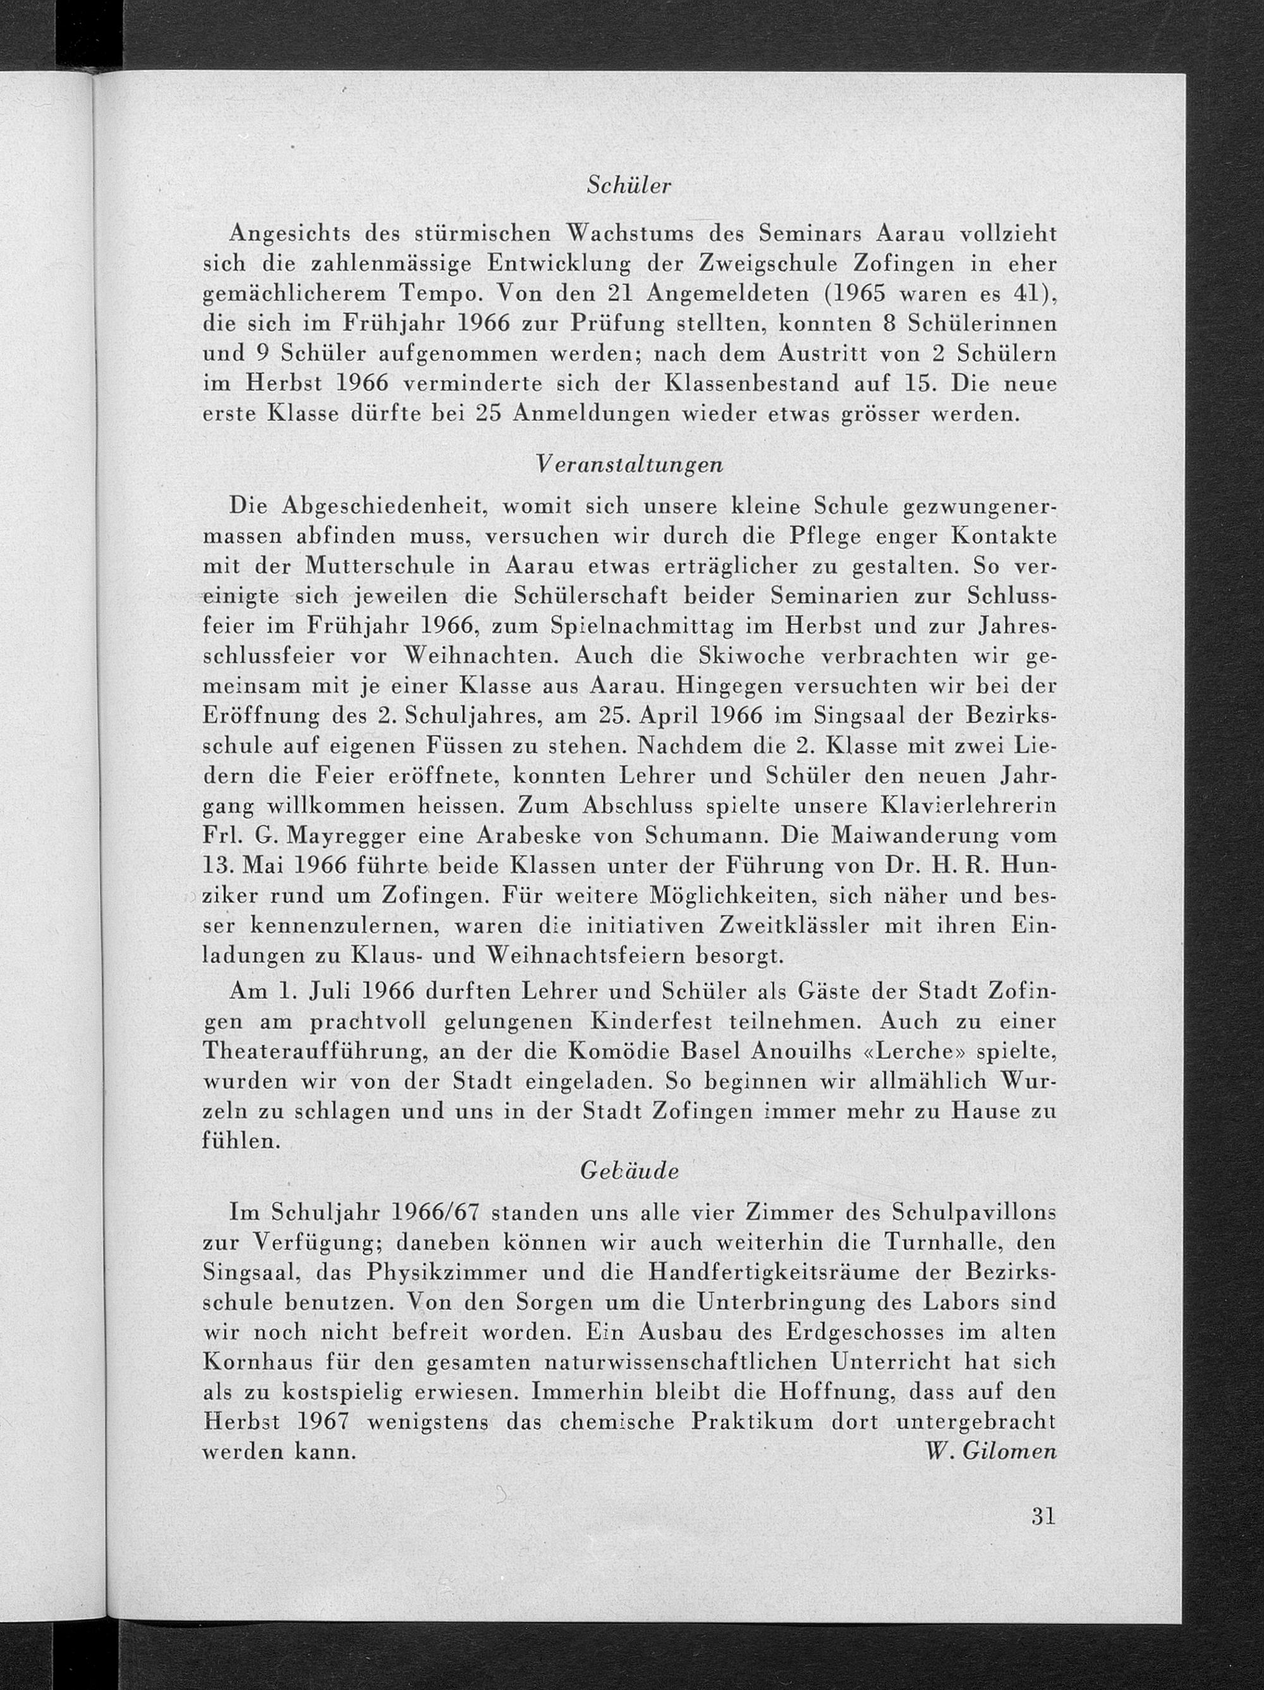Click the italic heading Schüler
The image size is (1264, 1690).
coord(628,186)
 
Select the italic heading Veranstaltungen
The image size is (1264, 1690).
coord(629,465)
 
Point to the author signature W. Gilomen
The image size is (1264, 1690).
coord(990,1452)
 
